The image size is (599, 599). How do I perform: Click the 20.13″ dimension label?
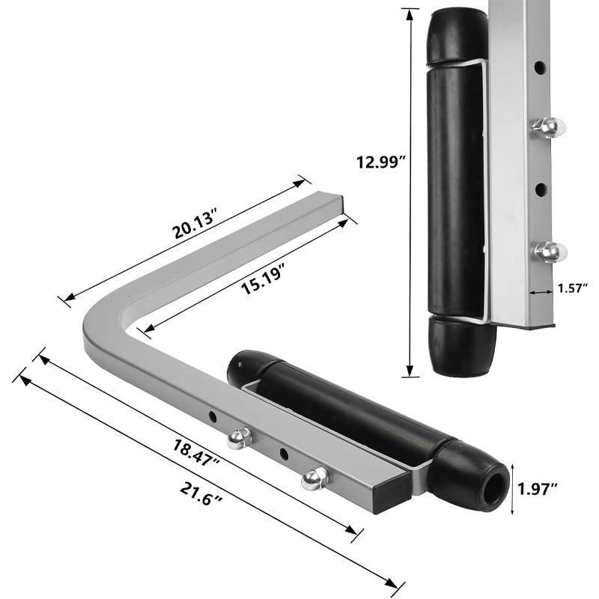tap(194, 226)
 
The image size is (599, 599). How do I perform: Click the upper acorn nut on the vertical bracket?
tap(550, 128)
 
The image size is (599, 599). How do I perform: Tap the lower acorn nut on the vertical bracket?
tap(550, 252)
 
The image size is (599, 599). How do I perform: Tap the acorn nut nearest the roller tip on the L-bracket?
tap(314, 478)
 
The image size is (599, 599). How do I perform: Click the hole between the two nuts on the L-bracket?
tap(284, 454)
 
